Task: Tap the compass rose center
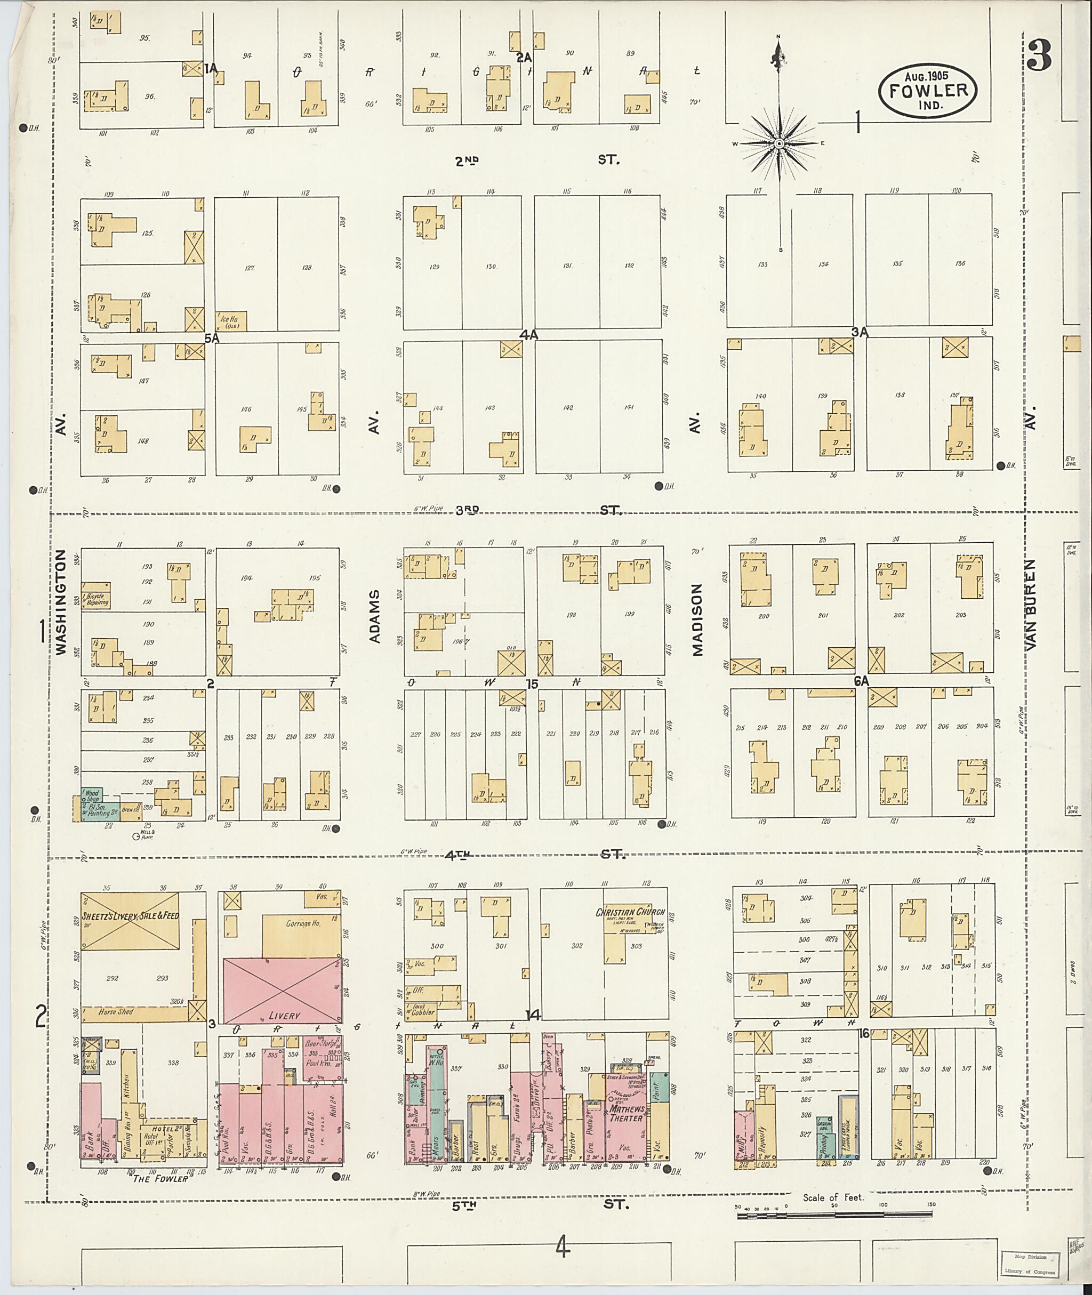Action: [780, 143]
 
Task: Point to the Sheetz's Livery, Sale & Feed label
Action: [131, 914]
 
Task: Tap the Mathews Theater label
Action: [627, 1113]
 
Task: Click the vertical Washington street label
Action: [61, 603]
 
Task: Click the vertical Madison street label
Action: [697, 620]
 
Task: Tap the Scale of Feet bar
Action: [836, 1214]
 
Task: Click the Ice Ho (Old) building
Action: [231, 320]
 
